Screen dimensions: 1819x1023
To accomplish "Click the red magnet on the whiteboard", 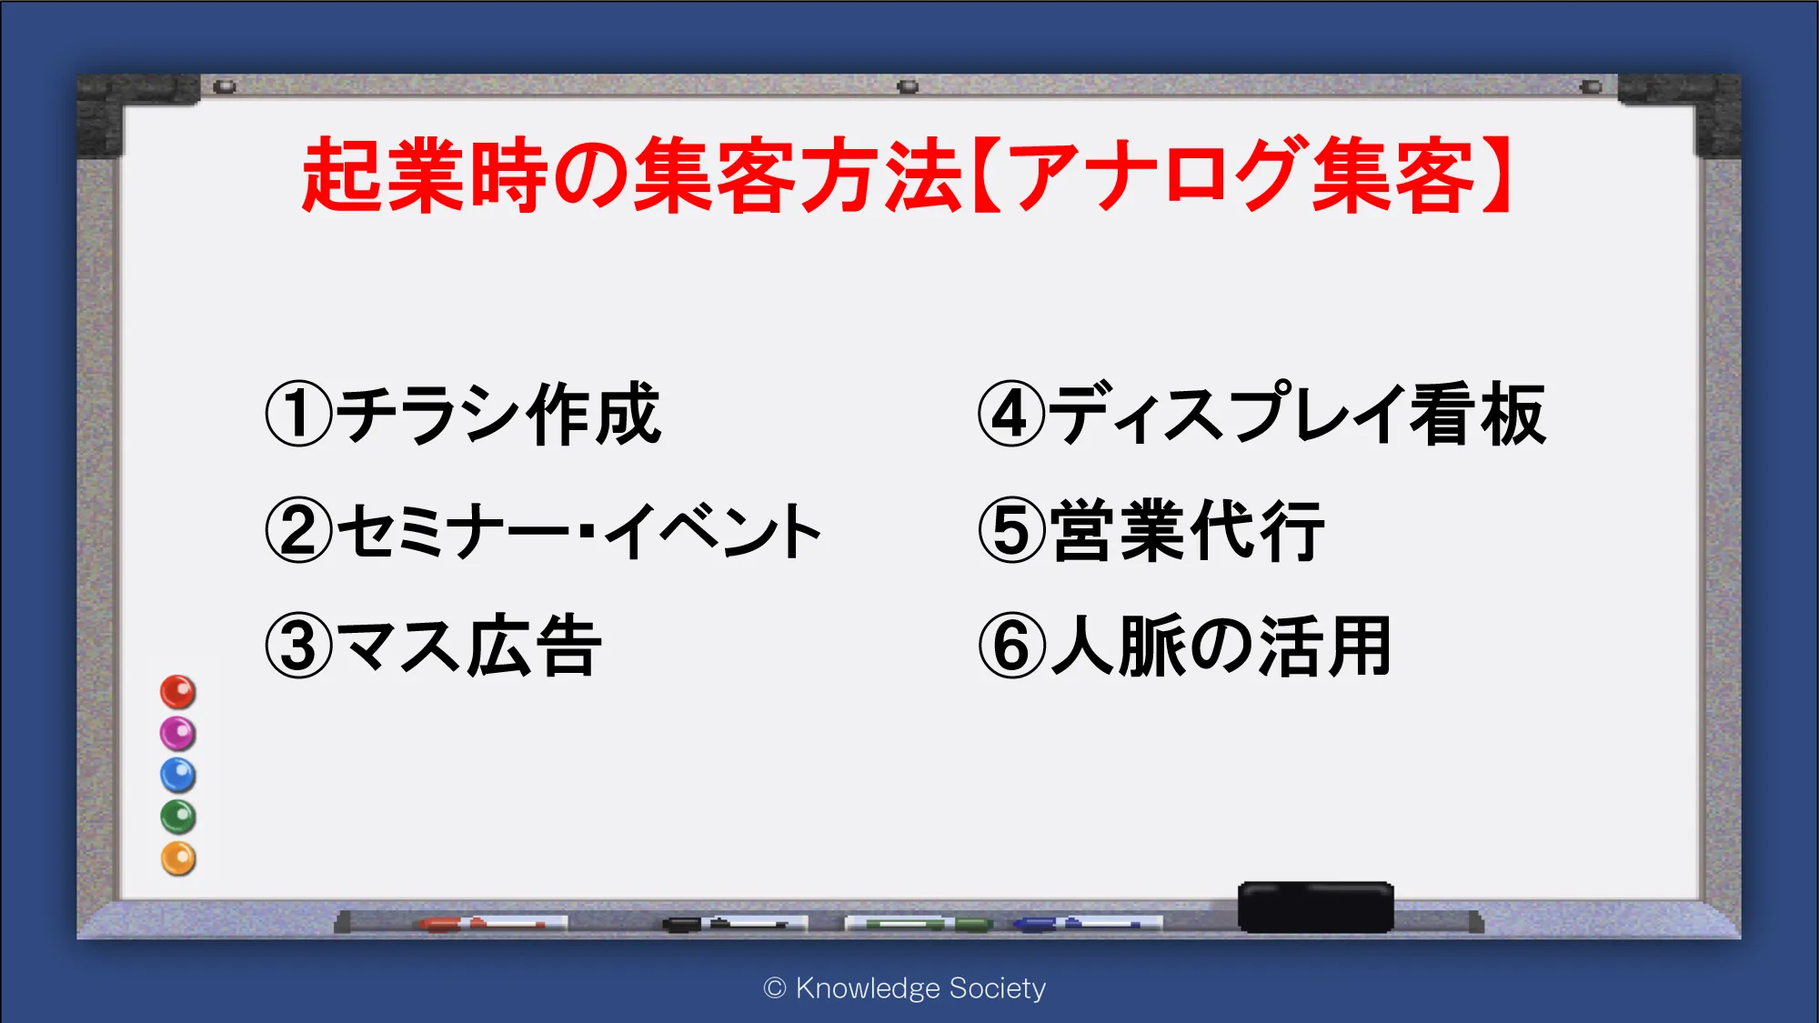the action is click(x=178, y=692).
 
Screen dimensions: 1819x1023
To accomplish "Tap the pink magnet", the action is click(x=178, y=734).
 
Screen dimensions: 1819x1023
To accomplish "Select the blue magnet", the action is click(x=178, y=776).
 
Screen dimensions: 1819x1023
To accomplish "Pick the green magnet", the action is click(x=178, y=817).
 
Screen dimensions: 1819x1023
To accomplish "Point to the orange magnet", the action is click(x=178, y=858).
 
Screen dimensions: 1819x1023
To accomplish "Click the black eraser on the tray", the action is click(x=1315, y=907).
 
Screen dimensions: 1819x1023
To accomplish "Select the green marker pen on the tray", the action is click(x=919, y=924).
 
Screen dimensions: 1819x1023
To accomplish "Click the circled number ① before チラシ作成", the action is click(x=299, y=414).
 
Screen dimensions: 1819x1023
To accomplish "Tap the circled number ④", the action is click(x=1011, y=414).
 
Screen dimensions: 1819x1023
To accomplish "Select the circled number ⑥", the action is click(x=1011, y=646).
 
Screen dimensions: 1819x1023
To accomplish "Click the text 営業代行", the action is click(x=1188, y=530).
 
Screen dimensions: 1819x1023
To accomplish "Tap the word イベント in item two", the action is click(x=714, y=530).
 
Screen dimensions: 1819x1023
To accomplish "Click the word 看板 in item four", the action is click(x=1477, y=414).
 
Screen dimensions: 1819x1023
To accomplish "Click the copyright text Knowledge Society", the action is click(x=920, y=988).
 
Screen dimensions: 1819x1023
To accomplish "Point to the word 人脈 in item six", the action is click(x=1119, y=646).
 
